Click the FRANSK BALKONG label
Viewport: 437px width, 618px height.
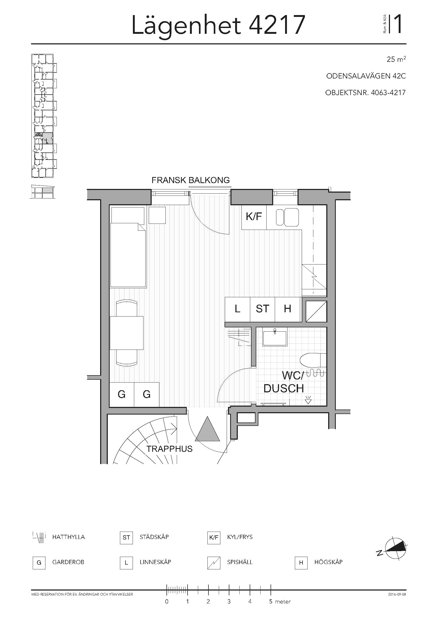pos(190,180)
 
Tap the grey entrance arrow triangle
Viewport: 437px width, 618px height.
pos(207,429)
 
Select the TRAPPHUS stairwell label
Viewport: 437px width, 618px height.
pos(170,449)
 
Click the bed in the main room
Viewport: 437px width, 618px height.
pos(128,247)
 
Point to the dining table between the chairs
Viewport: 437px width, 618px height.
pos(127,333)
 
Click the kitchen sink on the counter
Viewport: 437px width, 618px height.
pos(287,217)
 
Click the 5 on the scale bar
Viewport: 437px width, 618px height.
pos(271,601)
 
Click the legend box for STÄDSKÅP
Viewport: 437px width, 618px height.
pos(126,537)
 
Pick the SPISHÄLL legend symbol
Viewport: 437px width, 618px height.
pos(214,563)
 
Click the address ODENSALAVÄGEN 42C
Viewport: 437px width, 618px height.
pos(366,76)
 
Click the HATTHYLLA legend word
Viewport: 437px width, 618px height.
pos(68,537)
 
